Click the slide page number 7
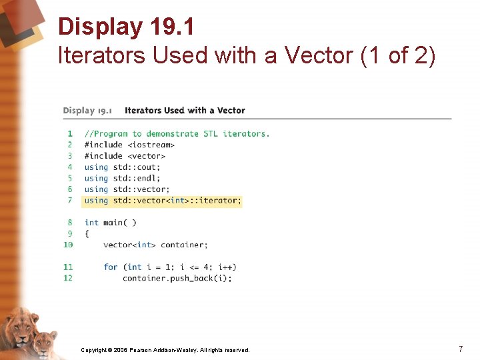[x=461, y=349]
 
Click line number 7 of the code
[x=69, y=200]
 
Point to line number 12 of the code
[x=68, y=278]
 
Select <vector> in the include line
[x=146, y=156]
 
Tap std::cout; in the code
[x=137, y=167]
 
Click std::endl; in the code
[x=137, y=178]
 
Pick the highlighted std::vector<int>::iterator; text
[x=177, y=200]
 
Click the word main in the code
[x=113, y=223]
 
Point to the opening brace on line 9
[x=87, y=234]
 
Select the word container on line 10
[x=184, y=245]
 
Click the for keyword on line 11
[x=111, y=267]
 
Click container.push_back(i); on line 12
[x=177, y=278]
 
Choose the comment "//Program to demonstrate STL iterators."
[x=177, y=134]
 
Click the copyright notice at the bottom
[x=165, y=350]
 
